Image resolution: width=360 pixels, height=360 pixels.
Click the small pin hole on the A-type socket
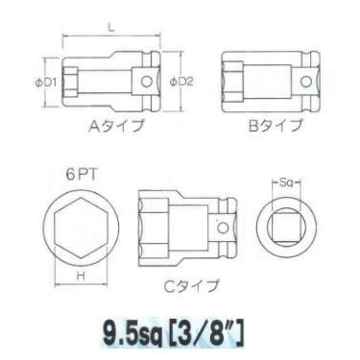pos(146,83)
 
